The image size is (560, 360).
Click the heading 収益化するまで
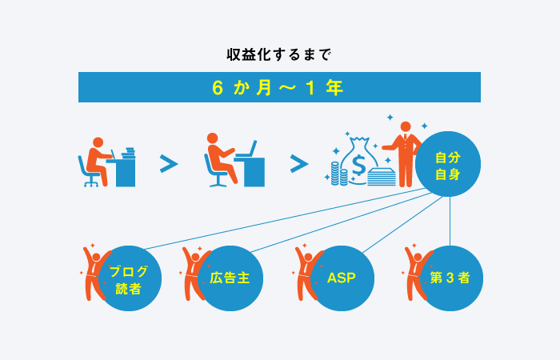[279, 55]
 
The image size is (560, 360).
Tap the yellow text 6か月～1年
[278, 87]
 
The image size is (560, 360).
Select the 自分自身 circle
[448, 164]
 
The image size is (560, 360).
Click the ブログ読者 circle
[129, 278]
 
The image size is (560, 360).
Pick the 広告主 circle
[230, 278]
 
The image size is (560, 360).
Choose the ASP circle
[342, 278]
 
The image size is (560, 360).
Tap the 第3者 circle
[450, 278]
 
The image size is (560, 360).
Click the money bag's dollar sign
[358, 165]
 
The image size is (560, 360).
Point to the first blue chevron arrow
[169, 164]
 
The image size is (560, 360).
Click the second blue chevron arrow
[299, 164]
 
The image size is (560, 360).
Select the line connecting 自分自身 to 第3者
[450, 221]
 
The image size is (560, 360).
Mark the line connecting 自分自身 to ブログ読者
[285, 218]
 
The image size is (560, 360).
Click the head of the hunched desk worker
[98, 142]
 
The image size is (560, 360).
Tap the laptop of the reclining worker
[247, 150]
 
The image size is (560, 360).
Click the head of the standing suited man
[406, 126]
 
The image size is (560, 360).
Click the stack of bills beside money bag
[382, 177]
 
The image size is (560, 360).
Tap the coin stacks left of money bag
[339, 174]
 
